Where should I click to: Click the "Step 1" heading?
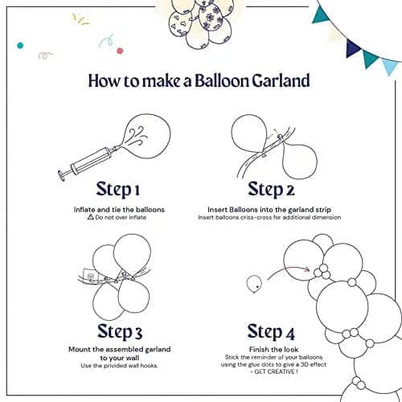[119, 190]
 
